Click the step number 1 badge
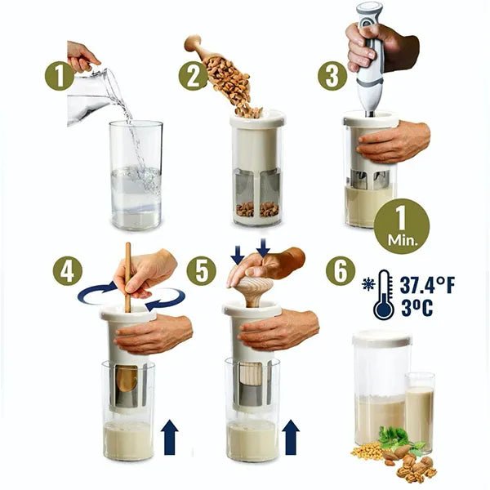pos(59,76)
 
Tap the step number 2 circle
pos(193,76)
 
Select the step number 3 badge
pos(332,76)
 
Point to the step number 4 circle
pos(67,270)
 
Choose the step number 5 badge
pos(201,270)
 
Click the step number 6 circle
pos(341,270)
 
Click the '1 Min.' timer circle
pos(402,226)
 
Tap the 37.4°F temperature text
pos(427,285)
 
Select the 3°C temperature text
pos(416,308)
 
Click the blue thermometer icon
pos(383,295)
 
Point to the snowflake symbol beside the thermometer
pos(368,284)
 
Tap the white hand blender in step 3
pos(370,60)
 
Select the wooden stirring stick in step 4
pos(128,277)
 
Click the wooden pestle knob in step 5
pos(256,290)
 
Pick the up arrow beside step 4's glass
pos(169,437)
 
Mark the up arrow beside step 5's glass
pos(291,437)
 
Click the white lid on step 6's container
pos(382,338)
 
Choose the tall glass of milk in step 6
pos(420,412)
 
